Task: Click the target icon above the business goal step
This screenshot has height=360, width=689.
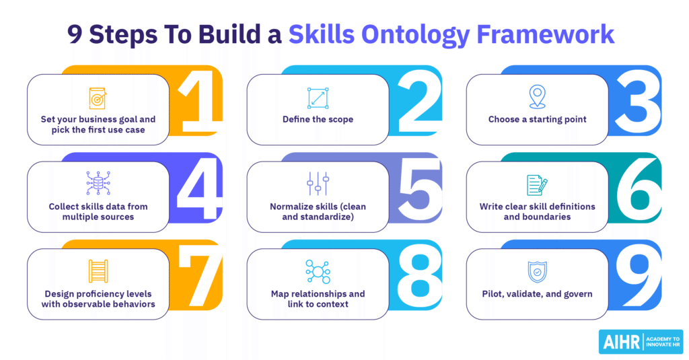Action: (98, 98)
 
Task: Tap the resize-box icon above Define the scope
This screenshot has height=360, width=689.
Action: (318, 98)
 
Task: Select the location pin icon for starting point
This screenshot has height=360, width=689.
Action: (538, 98)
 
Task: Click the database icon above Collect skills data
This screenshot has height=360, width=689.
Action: (98, 184)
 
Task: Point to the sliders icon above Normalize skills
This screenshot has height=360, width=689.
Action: (318, 184)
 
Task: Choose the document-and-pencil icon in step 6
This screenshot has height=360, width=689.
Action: (538, 185)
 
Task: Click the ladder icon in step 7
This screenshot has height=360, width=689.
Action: (98, 271)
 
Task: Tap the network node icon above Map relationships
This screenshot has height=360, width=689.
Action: (318, 271)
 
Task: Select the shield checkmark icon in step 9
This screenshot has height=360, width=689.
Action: (538, 272)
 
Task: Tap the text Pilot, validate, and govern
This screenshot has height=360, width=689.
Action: (538, 294)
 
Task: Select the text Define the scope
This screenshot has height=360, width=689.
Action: (318, 120)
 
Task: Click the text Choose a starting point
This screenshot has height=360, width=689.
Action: (538, 120)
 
